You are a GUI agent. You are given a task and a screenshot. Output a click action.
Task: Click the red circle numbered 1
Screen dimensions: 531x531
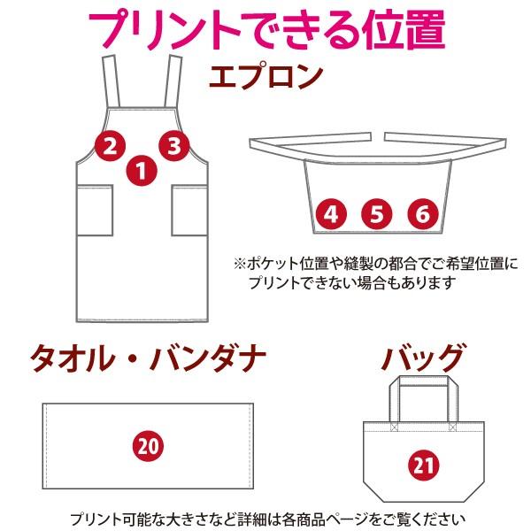click(140, 168)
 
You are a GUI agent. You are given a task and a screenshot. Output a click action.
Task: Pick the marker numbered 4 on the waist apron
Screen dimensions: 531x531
click(331, 213)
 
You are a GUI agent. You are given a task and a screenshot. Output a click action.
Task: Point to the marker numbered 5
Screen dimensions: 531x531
click(377, 213)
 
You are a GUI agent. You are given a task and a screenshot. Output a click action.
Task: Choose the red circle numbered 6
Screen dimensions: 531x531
click(423, 213)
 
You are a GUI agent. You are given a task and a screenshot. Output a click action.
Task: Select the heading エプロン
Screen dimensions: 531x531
click(265, 76)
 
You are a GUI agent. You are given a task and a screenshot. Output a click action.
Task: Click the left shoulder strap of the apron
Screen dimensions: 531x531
click(113, 84)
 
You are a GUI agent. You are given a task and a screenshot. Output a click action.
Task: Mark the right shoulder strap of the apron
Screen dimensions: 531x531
click(168, 84)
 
